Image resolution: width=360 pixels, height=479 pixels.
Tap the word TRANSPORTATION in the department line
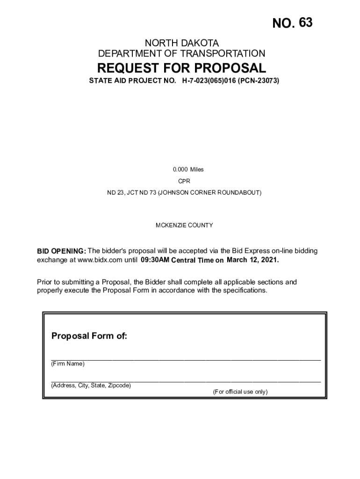pyautogui.click(x=223, y=54)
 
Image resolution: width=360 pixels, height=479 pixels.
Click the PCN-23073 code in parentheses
pyautogui.click(x=259, y=81)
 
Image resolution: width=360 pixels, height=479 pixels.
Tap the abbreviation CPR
pyautogui.click(x=184, y=181)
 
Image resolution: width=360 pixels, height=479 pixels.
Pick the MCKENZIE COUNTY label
pyautogui.click(x=184, y=225)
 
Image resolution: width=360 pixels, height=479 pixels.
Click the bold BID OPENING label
pyautogui.click(x=61, y=251)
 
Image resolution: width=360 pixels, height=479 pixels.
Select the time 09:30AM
pyautogui.click(x=155, y=260)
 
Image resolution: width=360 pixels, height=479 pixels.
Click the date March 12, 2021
pyautogui.click(x=252, y=260)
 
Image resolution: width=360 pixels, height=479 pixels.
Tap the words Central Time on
pyautogui.click(x=198, y=260)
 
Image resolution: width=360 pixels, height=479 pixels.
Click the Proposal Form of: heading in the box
pyautogui.click(x=89, y=336)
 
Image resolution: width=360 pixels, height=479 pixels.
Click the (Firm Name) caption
pyautogui.click(x=68, y=364)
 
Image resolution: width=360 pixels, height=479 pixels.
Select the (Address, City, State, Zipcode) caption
pyautogui.click(x=91, y=386)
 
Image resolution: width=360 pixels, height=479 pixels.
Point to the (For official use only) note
pyautogui.click(x=240, y=392)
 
